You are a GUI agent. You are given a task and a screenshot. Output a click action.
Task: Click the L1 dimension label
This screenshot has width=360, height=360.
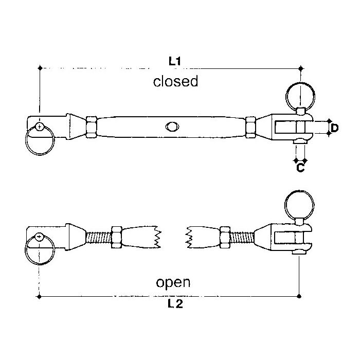coord(175,61)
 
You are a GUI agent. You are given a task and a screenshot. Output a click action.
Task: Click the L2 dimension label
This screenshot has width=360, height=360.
coord(175,304)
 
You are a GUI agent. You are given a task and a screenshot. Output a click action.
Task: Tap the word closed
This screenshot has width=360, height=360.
coord(175,82)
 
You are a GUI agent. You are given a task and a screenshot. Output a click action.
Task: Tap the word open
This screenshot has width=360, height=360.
coord(173,282)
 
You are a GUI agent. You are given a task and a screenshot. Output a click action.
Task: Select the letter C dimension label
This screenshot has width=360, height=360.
coord(301,167)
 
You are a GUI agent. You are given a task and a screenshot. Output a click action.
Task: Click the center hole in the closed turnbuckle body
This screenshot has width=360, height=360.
coord(171,127)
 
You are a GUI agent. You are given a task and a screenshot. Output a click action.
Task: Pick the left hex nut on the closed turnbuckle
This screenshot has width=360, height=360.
coord(92,127)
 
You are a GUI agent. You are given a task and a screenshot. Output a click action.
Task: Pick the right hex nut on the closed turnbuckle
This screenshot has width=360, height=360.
coord(250,126)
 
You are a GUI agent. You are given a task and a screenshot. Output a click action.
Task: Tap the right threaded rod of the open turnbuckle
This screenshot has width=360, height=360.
coord(245,237)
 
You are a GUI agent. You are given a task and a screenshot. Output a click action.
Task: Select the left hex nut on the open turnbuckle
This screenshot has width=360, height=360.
coord(115,237)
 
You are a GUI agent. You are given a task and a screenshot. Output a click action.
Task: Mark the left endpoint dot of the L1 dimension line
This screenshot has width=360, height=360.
coord(40,67)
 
